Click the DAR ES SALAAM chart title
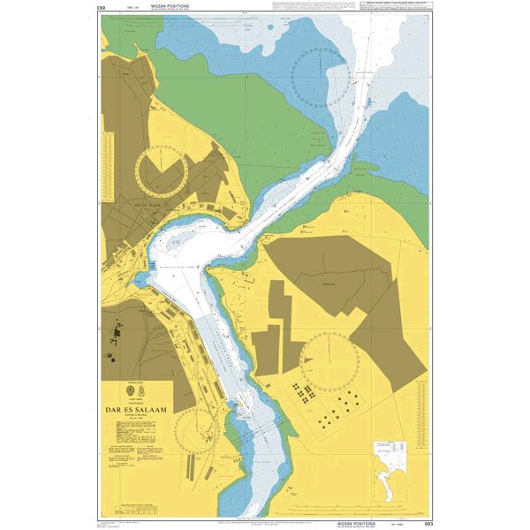coord(138,408)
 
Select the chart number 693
coord(428,523)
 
